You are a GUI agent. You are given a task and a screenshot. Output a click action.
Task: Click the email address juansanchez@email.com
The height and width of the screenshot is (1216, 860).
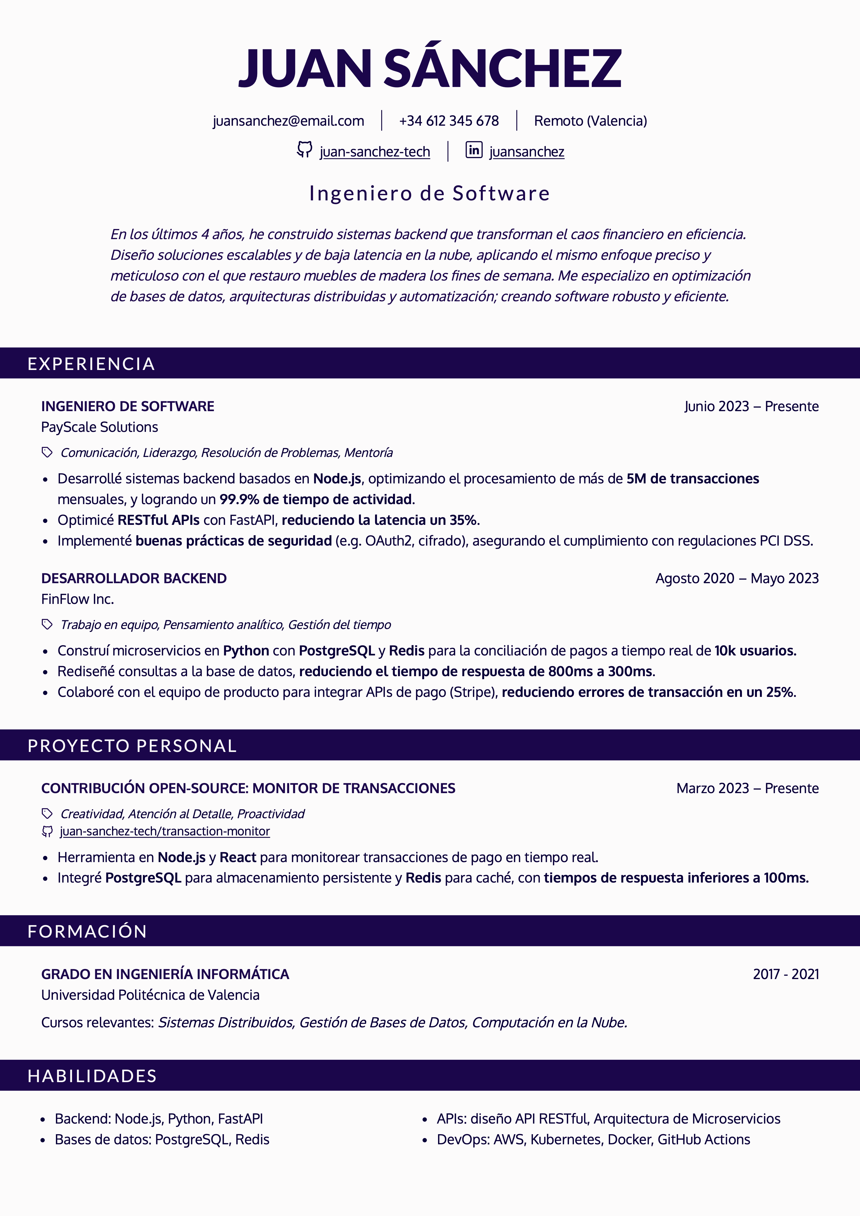tap(288, 121)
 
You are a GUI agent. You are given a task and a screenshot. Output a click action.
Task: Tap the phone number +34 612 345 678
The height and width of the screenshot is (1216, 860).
tap(449, 121)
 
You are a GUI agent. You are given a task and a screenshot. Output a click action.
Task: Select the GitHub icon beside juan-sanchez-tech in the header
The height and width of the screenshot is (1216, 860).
tap(304, 150)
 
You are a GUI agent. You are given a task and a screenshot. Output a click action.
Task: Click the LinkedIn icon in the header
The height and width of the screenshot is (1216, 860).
tap(474, 150)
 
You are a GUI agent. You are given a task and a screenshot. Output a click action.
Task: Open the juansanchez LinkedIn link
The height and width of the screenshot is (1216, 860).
tap(527, 152)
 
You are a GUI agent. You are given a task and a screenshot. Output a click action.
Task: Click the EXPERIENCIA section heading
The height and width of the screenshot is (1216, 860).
tap(91, 364)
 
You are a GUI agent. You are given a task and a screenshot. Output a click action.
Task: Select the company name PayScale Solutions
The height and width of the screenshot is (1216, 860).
tap(100, 427)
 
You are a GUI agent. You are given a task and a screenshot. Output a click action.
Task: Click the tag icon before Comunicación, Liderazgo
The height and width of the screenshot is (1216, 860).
tap(47, 452)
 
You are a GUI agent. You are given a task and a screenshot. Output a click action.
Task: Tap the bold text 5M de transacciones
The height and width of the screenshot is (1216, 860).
tap(693, 479)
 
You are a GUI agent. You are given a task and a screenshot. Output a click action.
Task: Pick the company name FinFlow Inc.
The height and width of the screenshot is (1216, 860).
tap(77, 599)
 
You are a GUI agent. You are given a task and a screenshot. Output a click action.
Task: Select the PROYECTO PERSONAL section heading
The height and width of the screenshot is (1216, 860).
tap(132, 746)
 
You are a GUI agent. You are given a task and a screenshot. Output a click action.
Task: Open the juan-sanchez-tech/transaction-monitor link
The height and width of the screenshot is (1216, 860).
tap(165, 832)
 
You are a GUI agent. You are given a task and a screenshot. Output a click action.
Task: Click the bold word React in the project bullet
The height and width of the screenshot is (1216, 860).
tap(238, 857)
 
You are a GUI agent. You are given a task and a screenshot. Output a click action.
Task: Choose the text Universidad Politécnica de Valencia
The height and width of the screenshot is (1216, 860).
tap(151, 995)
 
